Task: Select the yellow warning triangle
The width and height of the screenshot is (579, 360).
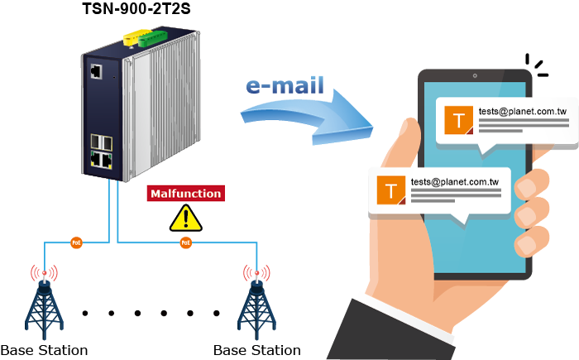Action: pyautogui.click(x=185, y=218)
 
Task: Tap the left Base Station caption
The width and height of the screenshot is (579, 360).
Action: pyautogui.click(x=44, y=349)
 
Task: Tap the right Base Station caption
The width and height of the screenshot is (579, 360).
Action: pyautogui.click(x=257, y=349)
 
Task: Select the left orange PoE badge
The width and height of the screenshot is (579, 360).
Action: pyautogui.click(x=76, y=243)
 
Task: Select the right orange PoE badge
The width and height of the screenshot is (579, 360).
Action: pyautogui.click(x=185, y=243)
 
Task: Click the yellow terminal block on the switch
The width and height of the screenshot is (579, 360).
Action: pyautogui.click(x=132, y=37)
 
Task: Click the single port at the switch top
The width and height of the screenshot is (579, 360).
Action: pyautogui.click(x=96, y=71)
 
